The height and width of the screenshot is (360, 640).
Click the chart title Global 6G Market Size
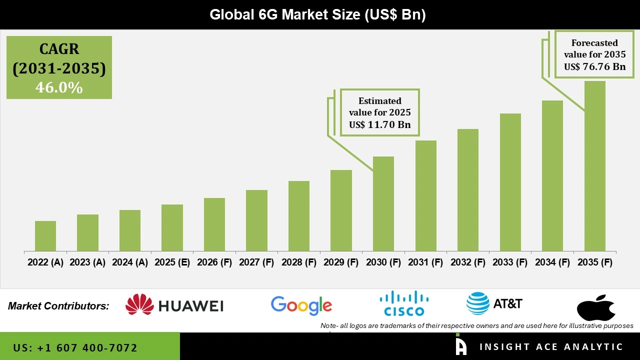(317, 14)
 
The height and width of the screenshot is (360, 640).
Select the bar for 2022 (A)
(45, 236)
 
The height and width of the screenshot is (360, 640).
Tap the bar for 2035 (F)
(594, 166)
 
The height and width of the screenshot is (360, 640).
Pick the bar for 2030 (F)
(383, 203)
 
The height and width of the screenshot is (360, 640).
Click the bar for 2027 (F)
(256, 220)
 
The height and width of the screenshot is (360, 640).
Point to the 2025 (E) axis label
(172, 262)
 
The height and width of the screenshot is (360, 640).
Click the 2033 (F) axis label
(510, 262)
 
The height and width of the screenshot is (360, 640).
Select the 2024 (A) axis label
(130, 262)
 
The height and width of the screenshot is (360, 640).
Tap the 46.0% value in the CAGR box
(59, 87)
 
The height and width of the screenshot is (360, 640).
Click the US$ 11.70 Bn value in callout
(380, 124)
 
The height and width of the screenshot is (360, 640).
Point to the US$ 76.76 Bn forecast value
(594, 66)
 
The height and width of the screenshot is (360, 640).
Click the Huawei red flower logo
(139, 304)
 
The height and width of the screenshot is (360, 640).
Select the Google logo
(301, 305)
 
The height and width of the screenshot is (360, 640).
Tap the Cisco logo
(404, 303)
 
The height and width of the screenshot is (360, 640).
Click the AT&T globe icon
(477, 303)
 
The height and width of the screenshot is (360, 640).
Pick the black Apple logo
(595, 307)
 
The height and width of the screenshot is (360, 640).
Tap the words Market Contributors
(58, 306)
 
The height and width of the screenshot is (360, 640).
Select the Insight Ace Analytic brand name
(551, 347)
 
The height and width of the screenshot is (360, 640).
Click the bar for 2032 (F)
(468, 190)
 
